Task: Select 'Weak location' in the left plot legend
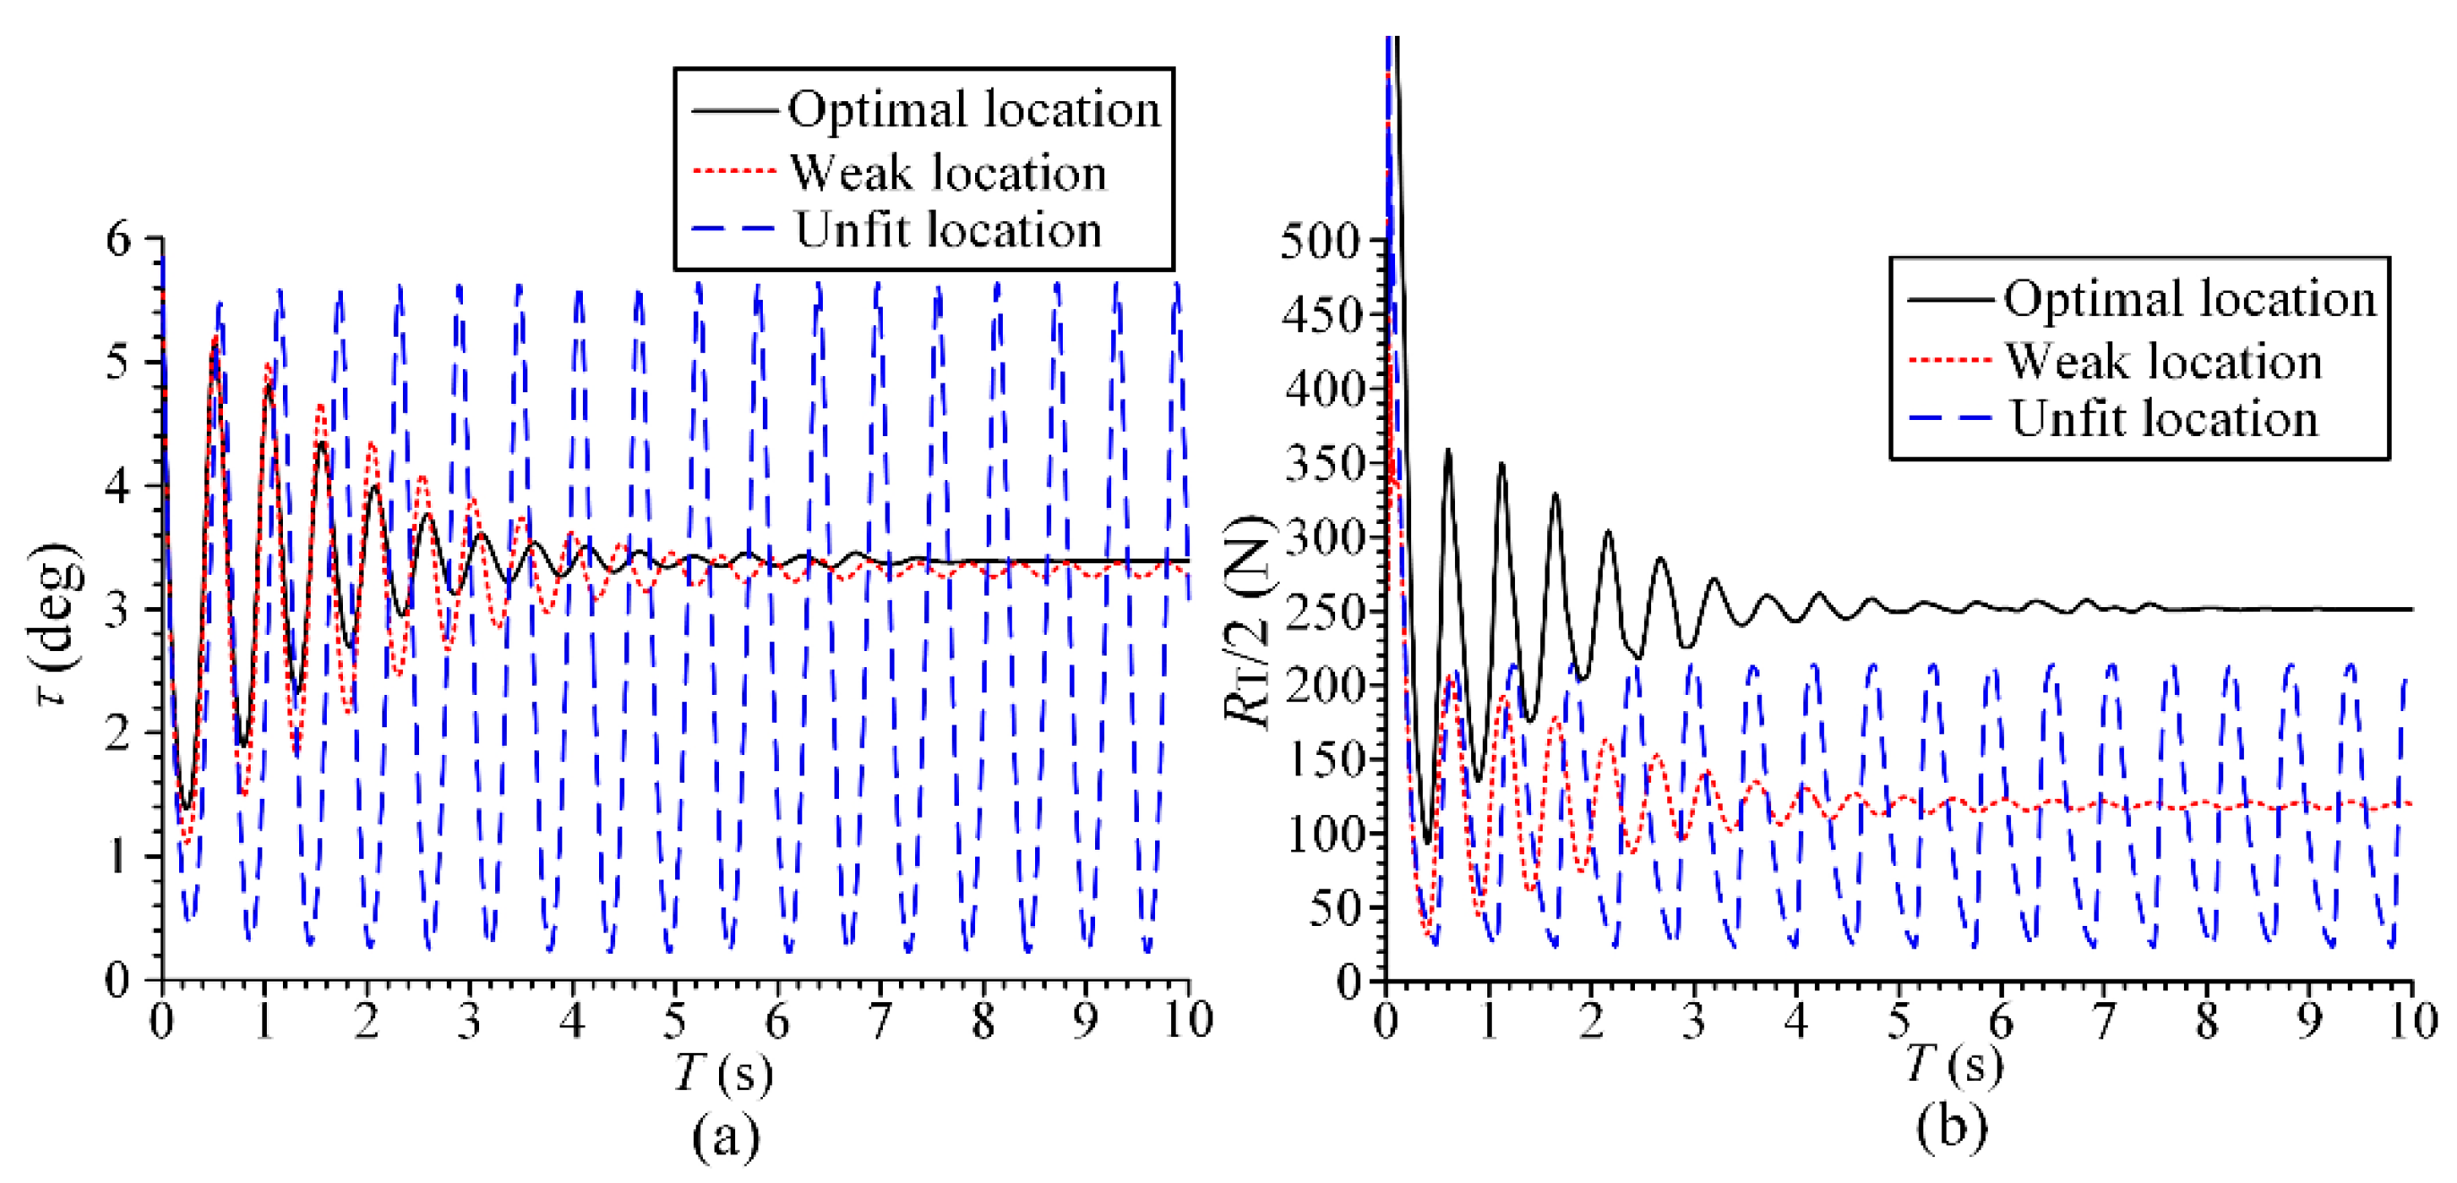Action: coord(948,173)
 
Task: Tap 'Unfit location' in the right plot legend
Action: coord(2163,419)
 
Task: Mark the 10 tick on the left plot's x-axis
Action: coord(1187,1021)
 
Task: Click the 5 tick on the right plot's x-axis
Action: coord(1898,1021)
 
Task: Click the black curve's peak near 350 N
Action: coord(1448,450)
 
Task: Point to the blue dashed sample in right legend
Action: coord(1949,419)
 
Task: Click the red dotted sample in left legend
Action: coord(733,171)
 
